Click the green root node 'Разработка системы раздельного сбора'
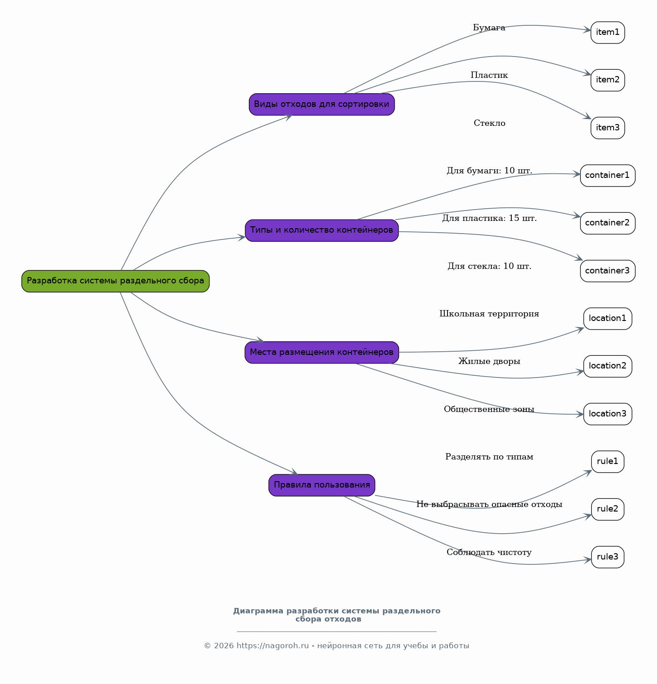coord(115,281)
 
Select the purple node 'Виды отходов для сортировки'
coord(322,105)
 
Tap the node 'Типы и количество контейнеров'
coord(322,230)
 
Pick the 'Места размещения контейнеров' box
coord(322,353)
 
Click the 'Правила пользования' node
coord(322,485)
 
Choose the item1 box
coord(608,33)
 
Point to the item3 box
coord(608,128)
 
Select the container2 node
coord(608,223)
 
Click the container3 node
coord(608,271)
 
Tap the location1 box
coord(608,319)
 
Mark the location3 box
coord(608,414)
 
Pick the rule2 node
coord(608,509)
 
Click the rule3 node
coord(608,557)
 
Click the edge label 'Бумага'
coord(489,28)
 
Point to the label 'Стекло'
coord(490,123)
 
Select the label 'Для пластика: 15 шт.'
coord(490,218)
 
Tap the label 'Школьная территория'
coord(489,314)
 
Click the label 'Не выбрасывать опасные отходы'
coord(489,504)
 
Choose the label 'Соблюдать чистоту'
coord(489,552)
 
